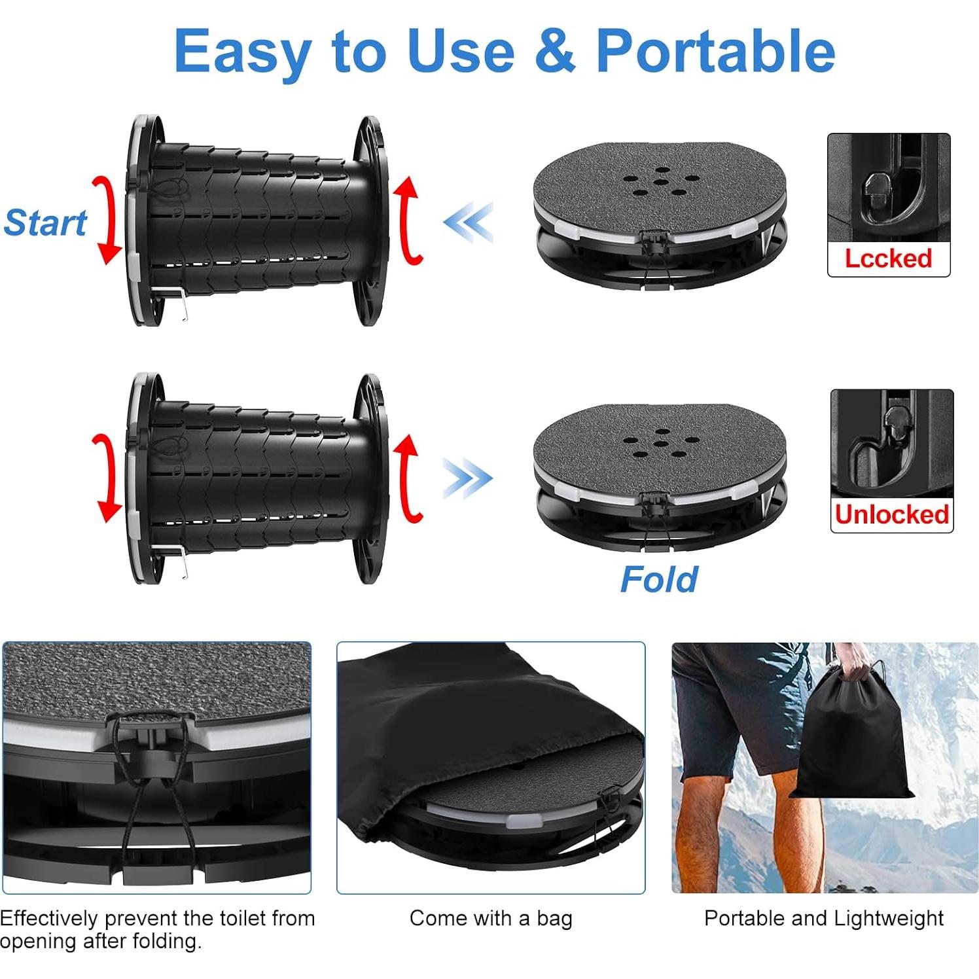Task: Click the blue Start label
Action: [45, 223]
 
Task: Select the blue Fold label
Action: [658, 579]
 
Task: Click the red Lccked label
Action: [888, 258]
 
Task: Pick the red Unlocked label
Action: [891, 514]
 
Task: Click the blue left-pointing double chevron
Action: [468, 222]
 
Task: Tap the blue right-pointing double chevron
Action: [467, 478]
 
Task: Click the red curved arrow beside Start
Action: [107, 220]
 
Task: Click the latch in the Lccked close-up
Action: [877, 190]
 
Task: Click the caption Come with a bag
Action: [491, 918]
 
